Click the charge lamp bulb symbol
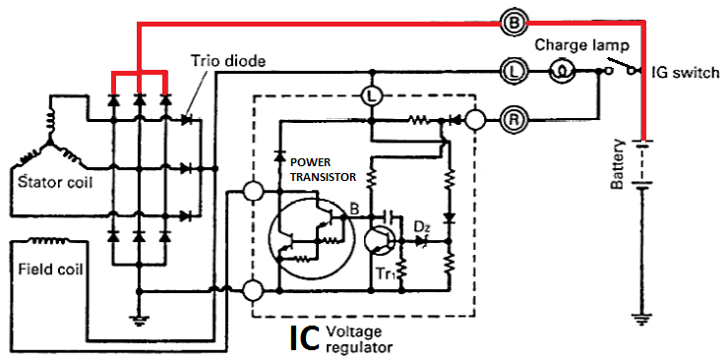point(560,70)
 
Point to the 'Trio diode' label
point(225,61)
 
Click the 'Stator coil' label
point(46,182)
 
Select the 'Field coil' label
point(49,267)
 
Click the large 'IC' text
point(304,337)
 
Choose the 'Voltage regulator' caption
point(361,338)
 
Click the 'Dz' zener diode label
point(421,227)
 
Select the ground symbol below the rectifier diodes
point(139,318)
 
